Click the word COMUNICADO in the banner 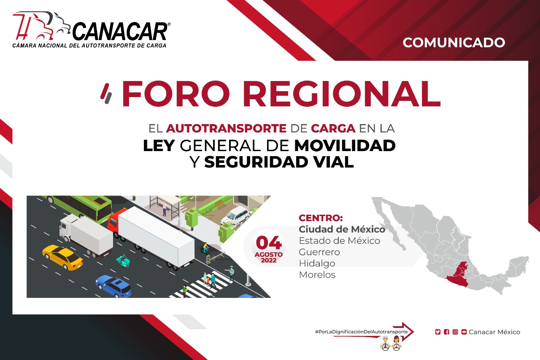tap(454, 43)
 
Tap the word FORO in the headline tap(176, 94)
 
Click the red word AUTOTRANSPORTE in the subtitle tap(226, 128)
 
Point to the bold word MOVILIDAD tap(345, 146)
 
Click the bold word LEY tap(159, 146)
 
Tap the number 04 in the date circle tap(269, 243)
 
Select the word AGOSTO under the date tap(269, 254)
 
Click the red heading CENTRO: tap(321, 218)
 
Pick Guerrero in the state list tap(319, 252)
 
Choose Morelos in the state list tap(317, 275)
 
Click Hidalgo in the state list tap(317, 263)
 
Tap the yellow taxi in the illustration tap(62, 257)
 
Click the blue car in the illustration tap(113, 286)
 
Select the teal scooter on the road tap(123, 260)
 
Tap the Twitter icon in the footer tap(438, 332)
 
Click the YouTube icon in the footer tap(464, 332)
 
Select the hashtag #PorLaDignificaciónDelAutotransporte tap(362, 332)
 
